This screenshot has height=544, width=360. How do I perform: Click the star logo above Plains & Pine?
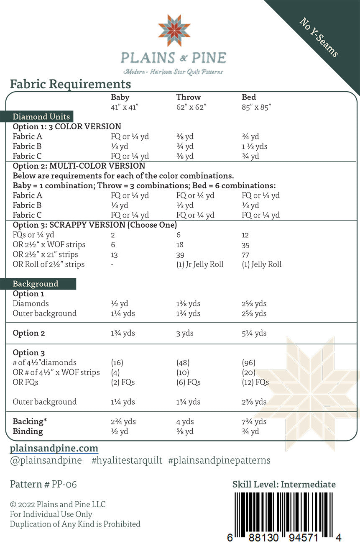pyautogui.click(x=174, y=30)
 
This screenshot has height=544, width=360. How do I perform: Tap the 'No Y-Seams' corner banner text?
pyautogui.click(x=319, y=37)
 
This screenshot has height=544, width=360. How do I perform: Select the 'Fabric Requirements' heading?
pyautogui.click(x=70, y=84)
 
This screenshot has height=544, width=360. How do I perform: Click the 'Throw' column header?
pyautogui.click(x=189, y=97)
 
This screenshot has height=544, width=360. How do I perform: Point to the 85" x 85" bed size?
pyautogui.click(x=256, y=107)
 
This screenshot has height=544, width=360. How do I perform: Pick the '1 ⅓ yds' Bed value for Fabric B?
pyautogui.click(x=255, y=146)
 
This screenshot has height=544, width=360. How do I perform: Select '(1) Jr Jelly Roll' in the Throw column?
pyautogui.click(x=199, y=264)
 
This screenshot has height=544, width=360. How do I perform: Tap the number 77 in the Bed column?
pyautogui.click(x=245, y=255)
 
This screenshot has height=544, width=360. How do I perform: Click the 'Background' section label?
pyautogui.click(x=36, y=284)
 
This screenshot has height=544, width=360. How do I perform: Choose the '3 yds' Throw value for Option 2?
pyautogui.click(x=185, y=334)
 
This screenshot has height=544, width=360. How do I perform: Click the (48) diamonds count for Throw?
pyautogui.click(x=183, y=363)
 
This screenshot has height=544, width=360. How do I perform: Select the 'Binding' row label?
pyautogui.click(x=28, y=431)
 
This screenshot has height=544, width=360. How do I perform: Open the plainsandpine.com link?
pyautogui.click(x=54, y=448)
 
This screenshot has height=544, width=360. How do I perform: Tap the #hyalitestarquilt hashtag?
pyautogui.click(x=127, y=461)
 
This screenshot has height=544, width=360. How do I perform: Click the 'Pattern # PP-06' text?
pyautogui.click(x=43, y=485)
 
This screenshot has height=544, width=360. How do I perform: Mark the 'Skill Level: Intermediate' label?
pyautogui.click(x=284, y=485)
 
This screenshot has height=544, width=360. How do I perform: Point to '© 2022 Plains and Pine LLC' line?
pyautogui.click(x=58, y=504)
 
